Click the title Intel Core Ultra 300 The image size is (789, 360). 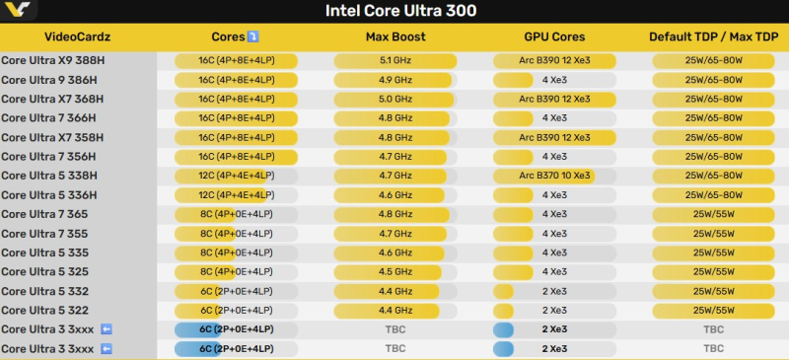click(x=400, y=12)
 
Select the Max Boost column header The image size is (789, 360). click(x=394, y=37)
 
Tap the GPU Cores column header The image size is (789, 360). click(x=554, y=37)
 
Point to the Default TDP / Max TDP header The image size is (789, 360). click(x=708, y=37)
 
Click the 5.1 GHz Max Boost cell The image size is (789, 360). click(x=394, y=60)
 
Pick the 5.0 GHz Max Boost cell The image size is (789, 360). click(x=394, y=99)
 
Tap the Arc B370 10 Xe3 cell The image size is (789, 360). click(x=554, y=176)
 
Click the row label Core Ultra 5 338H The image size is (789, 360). click(x=51, y=176)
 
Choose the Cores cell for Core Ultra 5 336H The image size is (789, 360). click(x=237, y=195)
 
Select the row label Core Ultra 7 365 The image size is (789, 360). click(x=44, y=214)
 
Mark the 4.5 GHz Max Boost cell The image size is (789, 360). click(x=394, y=272)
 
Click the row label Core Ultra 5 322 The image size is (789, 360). click(x=44, y=311)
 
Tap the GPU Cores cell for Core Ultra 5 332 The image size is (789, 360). click(x=554, y=291)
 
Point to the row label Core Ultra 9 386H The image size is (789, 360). click(x=51, y=80)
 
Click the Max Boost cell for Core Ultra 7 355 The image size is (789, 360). click(x=394, y=234)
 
